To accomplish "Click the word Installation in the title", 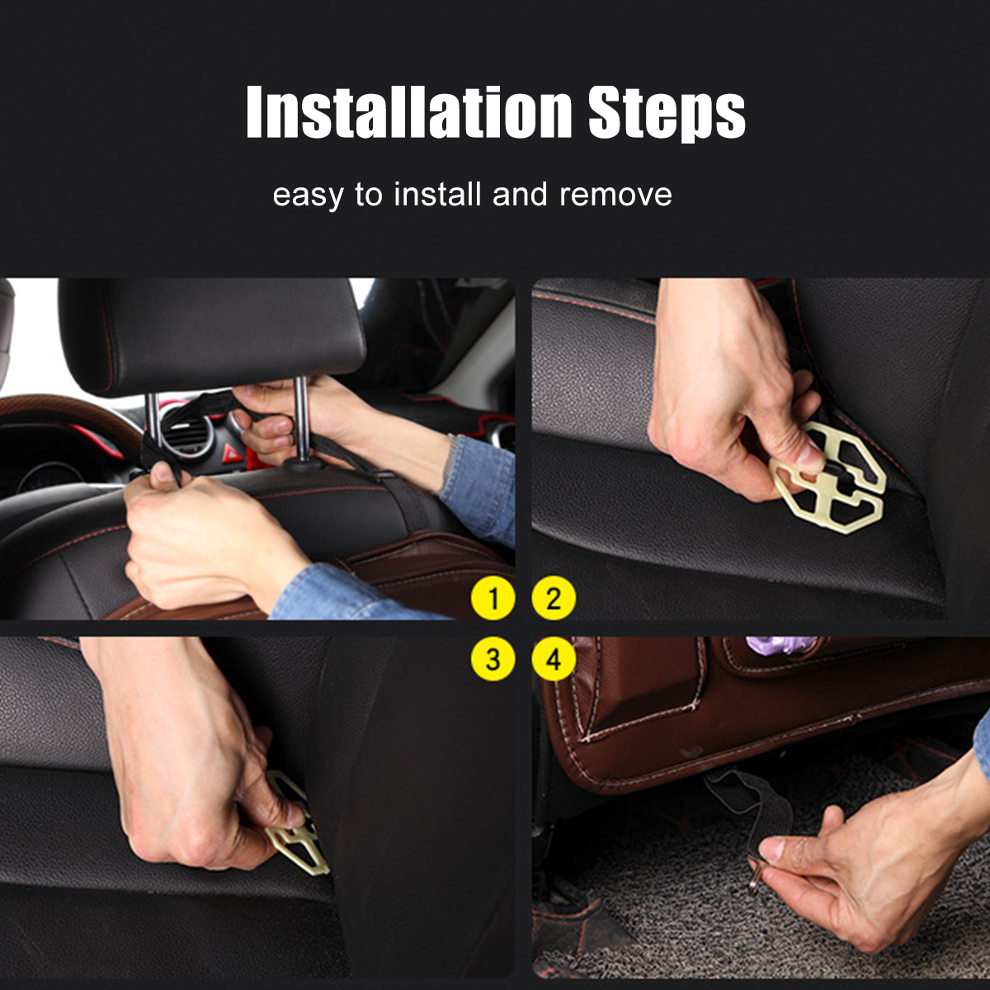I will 409,112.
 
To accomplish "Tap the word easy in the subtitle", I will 307,196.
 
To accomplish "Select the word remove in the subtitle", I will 615,196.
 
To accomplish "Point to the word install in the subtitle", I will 437,195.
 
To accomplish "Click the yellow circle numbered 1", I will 493,598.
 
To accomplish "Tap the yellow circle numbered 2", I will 554,598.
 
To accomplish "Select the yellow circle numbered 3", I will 493,659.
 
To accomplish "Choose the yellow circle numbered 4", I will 554,659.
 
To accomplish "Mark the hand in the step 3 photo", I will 190,767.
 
